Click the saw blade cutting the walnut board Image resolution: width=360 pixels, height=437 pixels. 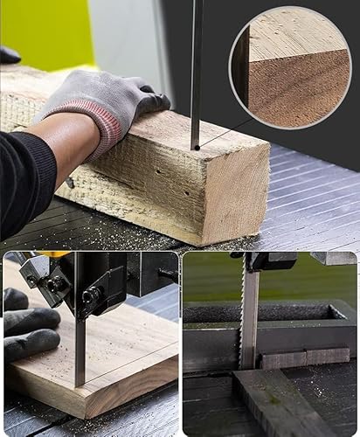[x=80, y=350]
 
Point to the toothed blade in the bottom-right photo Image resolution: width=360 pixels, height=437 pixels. [x=250, y=315]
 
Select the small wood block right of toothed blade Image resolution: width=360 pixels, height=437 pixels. [x=293, y=357]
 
